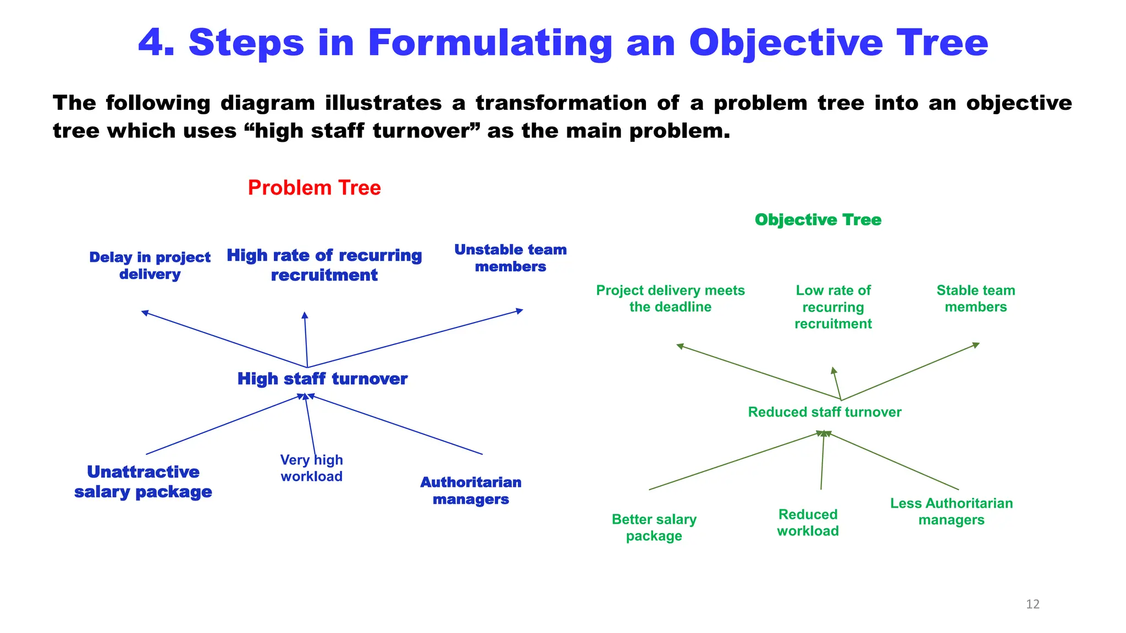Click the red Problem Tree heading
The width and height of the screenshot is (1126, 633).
coord(314,188)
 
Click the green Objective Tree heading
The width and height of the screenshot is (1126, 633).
coord(818,220)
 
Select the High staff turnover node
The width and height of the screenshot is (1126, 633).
coord(322,379)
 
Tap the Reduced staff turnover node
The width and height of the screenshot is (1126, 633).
coord(824,412)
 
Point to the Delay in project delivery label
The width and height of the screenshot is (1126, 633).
coord(150,265)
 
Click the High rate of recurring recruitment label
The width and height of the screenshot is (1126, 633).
coord(324,265)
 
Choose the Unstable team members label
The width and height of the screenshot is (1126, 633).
coord(510,258)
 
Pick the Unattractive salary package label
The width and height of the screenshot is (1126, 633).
coord(143,481)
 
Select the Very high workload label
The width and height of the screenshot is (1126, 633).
coord(311,468)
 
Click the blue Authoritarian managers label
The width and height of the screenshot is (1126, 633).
coord(471,491)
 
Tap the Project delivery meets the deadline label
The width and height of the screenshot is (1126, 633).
coord(670,298)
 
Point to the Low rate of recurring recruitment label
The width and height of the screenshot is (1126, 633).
coord(833,307)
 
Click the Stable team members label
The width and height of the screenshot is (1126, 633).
coord(975,298)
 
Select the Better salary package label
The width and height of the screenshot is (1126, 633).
coord(654,527)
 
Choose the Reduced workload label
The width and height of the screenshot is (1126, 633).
coord(808,523)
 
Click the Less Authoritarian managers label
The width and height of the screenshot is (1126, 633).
coord(951,512)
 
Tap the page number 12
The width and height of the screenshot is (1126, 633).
coord(1033,604)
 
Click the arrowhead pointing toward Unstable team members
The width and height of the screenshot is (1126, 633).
coord(520,311)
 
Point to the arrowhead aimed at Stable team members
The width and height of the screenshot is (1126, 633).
coord(976,345)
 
